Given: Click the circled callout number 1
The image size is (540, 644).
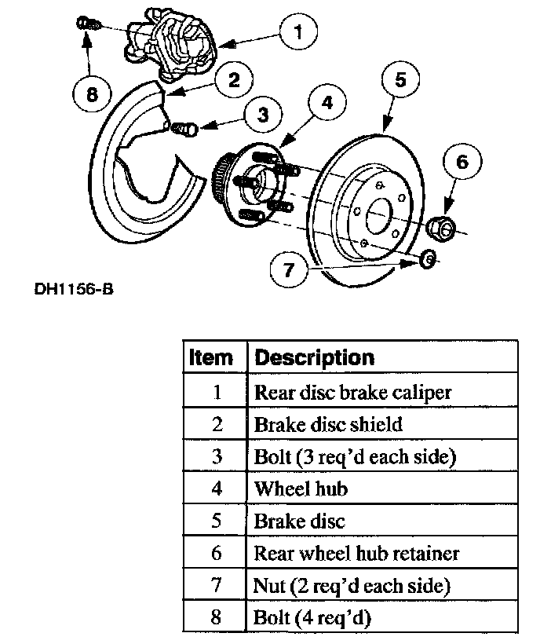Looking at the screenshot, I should (296, 32).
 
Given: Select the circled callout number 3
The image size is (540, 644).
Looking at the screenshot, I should (261, 115).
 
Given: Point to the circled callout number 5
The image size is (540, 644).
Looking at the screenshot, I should (400, 79).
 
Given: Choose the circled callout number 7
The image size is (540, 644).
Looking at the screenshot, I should (288, 270).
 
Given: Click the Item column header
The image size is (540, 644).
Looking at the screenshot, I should (212, 358).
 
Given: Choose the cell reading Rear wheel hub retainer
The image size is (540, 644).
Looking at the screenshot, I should (356, 553).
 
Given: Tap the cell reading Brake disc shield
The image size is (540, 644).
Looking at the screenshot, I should (328, 424).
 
